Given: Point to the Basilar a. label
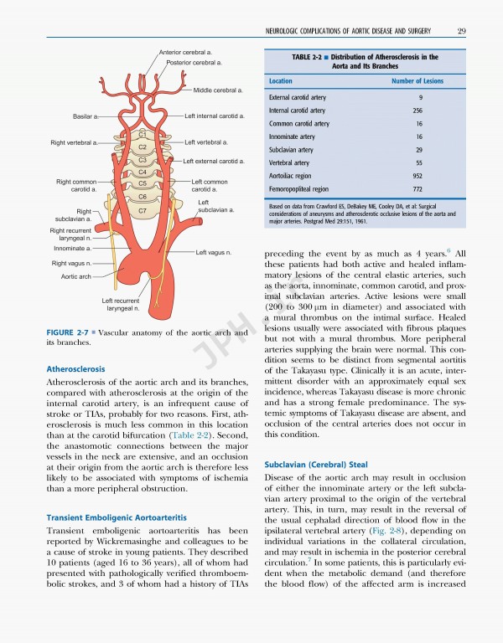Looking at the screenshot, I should (x=86, y=116).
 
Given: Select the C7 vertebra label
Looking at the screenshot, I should (x=143, y=210).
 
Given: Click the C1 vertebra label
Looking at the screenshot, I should (x=143, y=134).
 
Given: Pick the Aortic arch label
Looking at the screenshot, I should (x=73, y=275).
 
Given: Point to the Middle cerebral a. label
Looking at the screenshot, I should (x=218, y=90).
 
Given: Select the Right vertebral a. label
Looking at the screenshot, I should (x=74, y=143).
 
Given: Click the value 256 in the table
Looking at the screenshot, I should (x=417, y=111).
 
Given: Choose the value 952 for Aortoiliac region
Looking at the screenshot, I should (x=417, y=176).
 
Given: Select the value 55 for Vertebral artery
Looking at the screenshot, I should (x=417, y=162).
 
